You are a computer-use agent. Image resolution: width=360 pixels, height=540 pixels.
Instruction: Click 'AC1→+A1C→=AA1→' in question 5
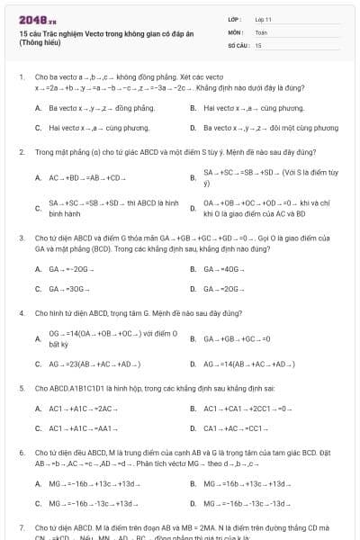tap(80, 428)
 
